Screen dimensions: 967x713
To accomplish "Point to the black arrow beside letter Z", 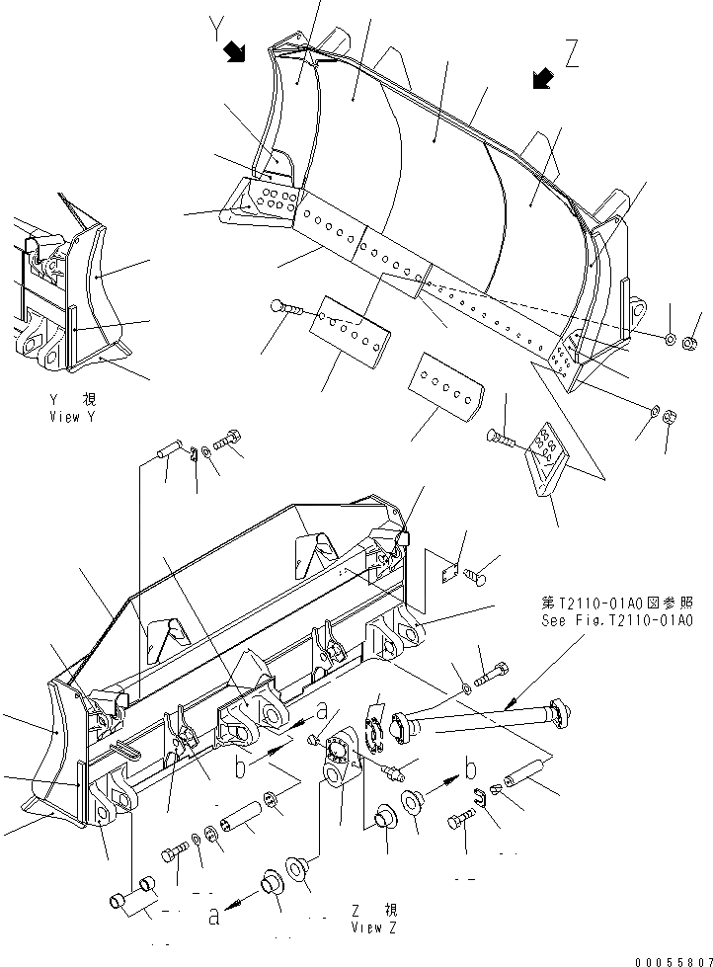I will coord(541,79).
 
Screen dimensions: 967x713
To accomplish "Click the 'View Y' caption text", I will coord(72,410).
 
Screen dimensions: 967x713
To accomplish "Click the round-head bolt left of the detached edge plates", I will coord(286,309).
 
